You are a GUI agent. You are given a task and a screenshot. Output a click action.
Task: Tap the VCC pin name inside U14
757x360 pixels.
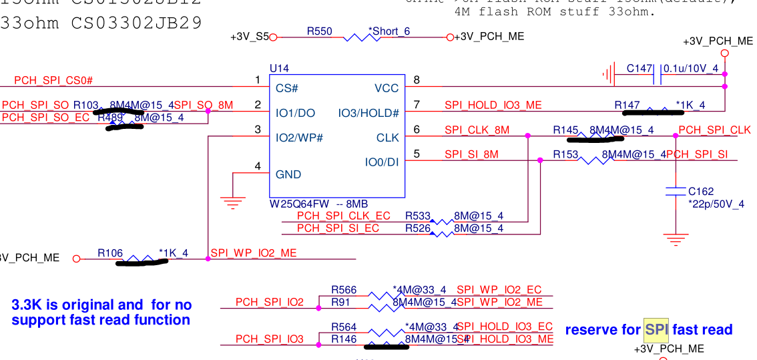pyautogui.click(x=387, y=88)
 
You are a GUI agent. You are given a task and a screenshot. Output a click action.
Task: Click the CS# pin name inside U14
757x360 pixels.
pyautogui.click(x=286, y=88)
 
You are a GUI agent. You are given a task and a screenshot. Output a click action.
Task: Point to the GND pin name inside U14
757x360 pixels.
pyautogui.click(x=288, y=174)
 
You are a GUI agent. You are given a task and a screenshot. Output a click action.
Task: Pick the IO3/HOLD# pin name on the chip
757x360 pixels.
pyautogui.click(x=368, y=113)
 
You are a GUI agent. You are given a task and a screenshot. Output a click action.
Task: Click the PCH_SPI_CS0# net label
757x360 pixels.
pyautogui.click(x=53, y=81)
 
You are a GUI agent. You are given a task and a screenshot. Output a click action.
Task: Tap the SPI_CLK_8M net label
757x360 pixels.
pyautogui.click(x=477, y=130)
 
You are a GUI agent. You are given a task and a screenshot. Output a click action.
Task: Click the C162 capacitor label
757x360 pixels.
pyautogui.click(x=701, y=191)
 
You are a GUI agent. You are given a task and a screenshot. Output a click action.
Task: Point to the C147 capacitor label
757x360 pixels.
pyautogui.click(x=640, y=68)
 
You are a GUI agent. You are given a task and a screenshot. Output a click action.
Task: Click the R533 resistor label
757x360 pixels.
pyautogui.click(x=418, y=216)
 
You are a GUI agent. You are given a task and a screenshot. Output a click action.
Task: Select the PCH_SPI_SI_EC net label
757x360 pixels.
pyautogui.click(x=338, y=228)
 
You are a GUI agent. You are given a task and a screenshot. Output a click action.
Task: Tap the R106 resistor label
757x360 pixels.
pyautogui.click(x=110, y=253)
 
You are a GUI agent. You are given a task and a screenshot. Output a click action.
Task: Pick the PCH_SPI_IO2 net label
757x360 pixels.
pyautogui.click(x=269, y=303)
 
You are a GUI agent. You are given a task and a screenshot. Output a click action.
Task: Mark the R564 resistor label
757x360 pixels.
pyautogui.click(x=344, y=327)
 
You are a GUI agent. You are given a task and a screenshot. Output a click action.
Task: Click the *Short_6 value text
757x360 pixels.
pyautogui.click(x=389, y=31)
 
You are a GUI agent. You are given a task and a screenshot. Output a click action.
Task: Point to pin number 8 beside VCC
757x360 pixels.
pyautogui.click(x=417, y=81)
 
